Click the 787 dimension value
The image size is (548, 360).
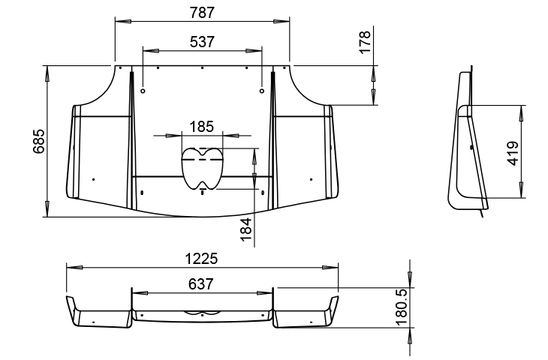pos(202,13)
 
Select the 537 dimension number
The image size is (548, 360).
pos(202,42)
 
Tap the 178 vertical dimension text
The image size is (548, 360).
pos(365,42)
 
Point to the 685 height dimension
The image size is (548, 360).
pos(39,141)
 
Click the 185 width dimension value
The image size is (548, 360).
pos(202,127)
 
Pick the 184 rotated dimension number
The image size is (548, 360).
pos(246,229)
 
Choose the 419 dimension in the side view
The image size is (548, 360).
pos(513,153)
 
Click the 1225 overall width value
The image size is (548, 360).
pos(201,259)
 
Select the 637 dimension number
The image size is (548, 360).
pos(200,284)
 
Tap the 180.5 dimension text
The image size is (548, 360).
pos(402,307)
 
